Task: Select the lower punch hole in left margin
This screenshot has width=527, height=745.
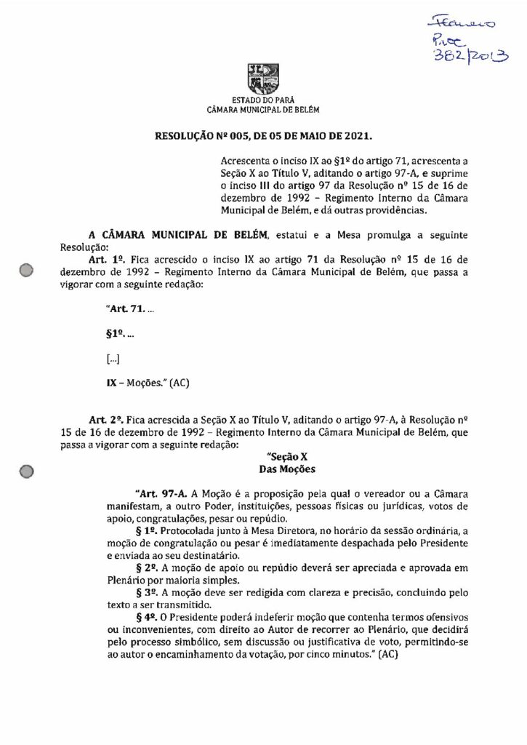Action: pyautogui.click(x=28, y=471)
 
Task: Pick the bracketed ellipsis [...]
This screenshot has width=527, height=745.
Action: pyautogui.click(x=113, y=358)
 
